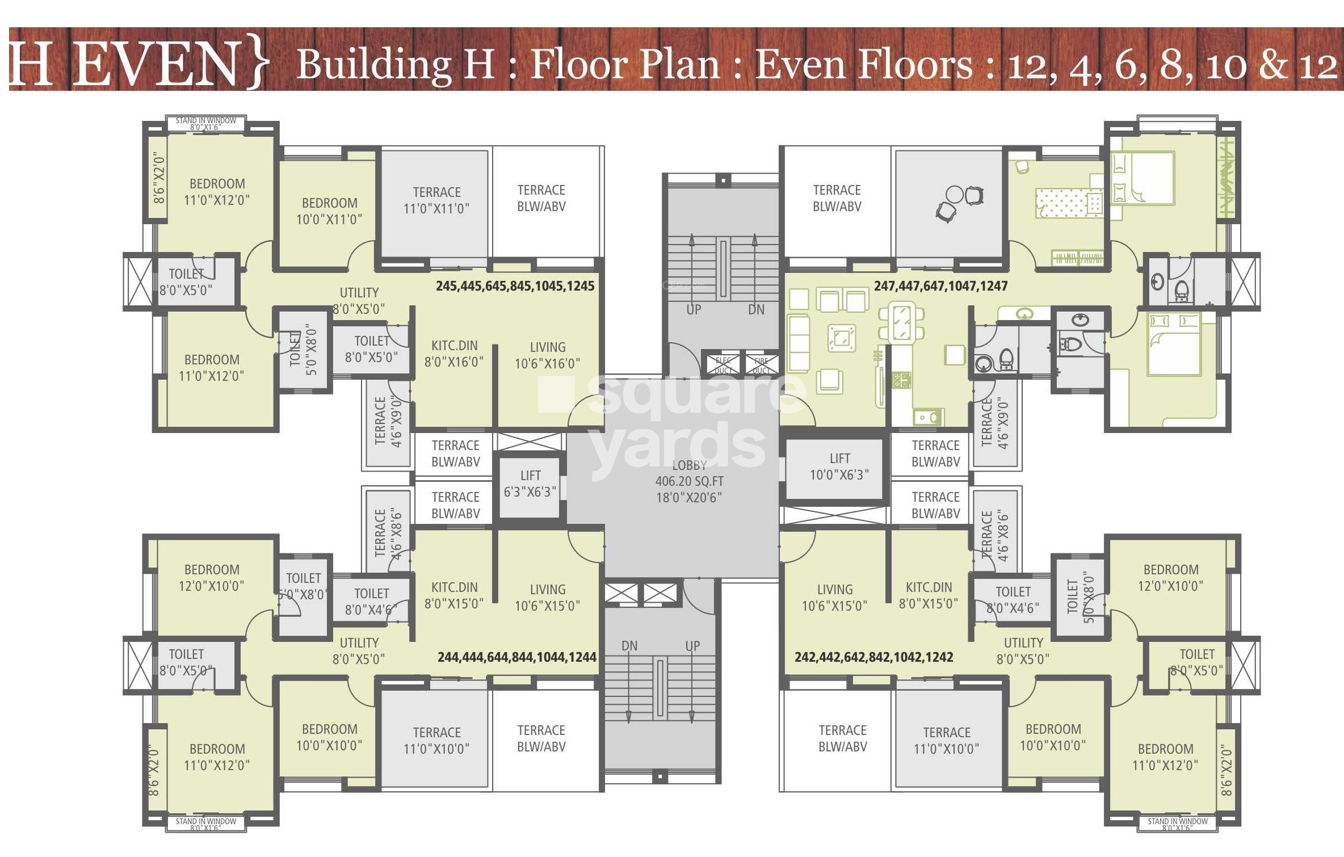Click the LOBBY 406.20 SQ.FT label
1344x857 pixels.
(689, 481)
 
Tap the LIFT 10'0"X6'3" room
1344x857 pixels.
(839, 467)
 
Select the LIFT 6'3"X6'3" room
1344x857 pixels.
(530, 484)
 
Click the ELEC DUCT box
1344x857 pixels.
(723, 365)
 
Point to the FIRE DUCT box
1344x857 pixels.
(761, 365)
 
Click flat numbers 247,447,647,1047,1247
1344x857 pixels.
(940, 286)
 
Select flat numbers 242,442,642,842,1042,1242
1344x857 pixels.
(873, 657)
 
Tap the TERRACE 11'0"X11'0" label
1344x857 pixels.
(436, 200)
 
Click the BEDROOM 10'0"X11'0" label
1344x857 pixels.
(329, 211)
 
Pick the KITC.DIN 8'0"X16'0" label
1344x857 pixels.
(454, 354)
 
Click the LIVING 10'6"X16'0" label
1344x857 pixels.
(547, 355)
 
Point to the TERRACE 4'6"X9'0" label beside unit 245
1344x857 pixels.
(388, 421)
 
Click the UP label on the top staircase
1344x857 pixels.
(694, 310)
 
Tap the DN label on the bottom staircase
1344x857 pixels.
(629, 646)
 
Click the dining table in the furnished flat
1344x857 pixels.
(901, 322)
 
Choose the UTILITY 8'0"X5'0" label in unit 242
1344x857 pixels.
(1023, 651)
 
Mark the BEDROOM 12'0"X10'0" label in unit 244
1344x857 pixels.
(211, 578)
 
